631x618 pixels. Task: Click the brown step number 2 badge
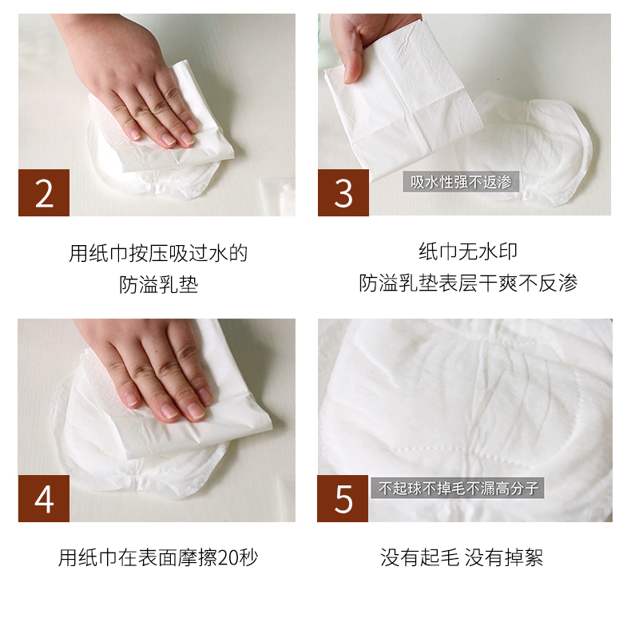pos(44,192)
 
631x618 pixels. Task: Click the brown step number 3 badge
pos(343,192)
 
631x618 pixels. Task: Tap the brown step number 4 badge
pos(44,498)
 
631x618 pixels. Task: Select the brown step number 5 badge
pos(343,498)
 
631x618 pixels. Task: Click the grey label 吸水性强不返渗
pos(461,182)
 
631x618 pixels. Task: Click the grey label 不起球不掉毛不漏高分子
pos(458,488)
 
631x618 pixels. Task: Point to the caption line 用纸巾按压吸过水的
pos(158,253)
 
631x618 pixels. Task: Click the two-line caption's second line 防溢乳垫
pos(159,284)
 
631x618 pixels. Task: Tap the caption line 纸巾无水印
pos(468,252)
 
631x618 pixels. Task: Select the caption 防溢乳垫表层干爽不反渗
pos(468,283)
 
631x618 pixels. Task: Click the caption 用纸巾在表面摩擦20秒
pos(158,557)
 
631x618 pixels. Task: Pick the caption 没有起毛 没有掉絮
pos(462,557)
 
